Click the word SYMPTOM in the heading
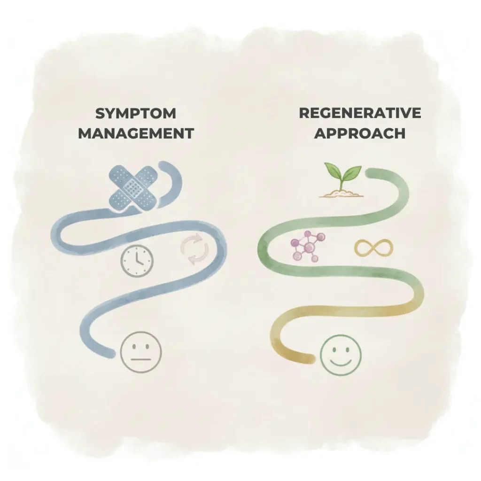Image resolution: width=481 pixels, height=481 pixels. click(x=136, y=114)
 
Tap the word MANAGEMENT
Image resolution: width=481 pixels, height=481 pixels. click(x=136, y=133)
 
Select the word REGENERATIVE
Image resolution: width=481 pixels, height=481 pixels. click(x=360, y=113)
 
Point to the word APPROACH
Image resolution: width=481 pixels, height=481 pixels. click(x=360, y=133)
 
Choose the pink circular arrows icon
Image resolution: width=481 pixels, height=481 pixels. click(x=195, y=249)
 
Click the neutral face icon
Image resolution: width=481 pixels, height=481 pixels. click(x=140, y=352)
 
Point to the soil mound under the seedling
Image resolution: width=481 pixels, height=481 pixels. click(x=342, y=193)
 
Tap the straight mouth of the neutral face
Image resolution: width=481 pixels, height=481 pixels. click(x=141, y=360)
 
